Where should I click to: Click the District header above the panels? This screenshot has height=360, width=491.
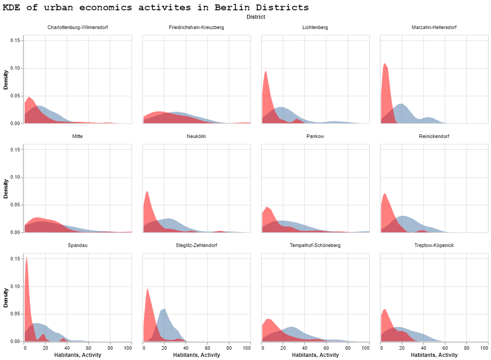click(256, 17)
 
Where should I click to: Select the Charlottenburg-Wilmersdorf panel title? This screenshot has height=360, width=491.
click(77, 28)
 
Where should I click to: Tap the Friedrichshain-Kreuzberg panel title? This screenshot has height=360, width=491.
click(196, 28)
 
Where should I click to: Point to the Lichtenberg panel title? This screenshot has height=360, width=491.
click(315, 28)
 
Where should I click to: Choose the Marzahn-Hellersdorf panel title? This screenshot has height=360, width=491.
click(434, 28)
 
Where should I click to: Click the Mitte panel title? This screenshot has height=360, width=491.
click(77, 136)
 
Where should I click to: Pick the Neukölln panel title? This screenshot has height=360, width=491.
click(196, 136)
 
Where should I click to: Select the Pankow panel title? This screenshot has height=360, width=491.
click(315, 136)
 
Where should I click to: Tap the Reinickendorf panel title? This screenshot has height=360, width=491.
click(434, 136)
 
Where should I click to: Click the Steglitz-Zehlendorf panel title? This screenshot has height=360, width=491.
click(196, 246)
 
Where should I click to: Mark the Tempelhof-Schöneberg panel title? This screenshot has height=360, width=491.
click(315, 246)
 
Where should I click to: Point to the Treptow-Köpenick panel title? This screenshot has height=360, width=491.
click(434, 246)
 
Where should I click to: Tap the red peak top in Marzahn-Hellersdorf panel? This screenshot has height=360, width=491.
click(384, 63)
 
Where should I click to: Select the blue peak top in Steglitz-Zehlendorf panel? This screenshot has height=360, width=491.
click(165, 308)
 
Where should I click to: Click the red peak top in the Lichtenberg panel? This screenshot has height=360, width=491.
click(266, 71)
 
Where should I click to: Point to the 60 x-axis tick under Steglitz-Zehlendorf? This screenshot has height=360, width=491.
click(207, 347)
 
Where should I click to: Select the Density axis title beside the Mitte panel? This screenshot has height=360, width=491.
click(6, 188)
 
